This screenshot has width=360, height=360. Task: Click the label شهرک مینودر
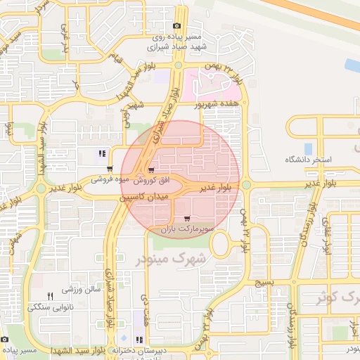pos(175,259)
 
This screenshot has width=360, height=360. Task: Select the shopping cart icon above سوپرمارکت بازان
pos(186,219)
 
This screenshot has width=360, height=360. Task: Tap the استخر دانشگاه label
pos(307,160)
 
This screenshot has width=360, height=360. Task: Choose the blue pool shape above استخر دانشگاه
pos(308,148)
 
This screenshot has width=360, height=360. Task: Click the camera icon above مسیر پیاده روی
pos(176,27)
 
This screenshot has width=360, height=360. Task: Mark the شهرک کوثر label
pos(337,297)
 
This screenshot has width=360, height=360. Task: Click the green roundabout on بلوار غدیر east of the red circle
pos(247,185)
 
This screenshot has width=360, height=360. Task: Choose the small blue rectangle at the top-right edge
pos(352,65)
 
